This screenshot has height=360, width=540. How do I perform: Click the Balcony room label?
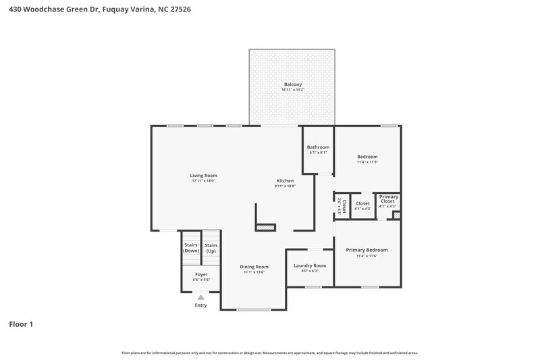pos(292,84)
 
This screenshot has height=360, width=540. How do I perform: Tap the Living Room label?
pos(203,176)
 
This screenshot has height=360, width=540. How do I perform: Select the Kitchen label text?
pos(285,180)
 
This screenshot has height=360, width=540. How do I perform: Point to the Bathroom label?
pos(318,147)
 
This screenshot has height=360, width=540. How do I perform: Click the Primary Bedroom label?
pos(367,250)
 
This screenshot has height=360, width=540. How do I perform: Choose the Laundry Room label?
pos(310,265)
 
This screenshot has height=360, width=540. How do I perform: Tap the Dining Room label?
pos(254,266)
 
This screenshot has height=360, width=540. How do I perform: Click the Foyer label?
pos(201,274)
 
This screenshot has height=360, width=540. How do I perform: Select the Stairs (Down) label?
pos(191,248)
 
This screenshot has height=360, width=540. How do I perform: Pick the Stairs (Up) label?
pos(211,248)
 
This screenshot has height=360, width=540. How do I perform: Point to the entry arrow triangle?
pos(200,297)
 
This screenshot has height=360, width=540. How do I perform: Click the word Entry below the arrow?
pos(200,305)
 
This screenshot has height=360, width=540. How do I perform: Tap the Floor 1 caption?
pos(21,325)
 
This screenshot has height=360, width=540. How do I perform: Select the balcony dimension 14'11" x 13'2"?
pos(292,90)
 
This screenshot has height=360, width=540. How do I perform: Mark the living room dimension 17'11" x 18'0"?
pos(203,181)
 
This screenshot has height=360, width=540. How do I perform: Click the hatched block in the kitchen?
pos(266,228)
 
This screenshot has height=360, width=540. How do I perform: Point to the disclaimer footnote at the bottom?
pos(270,353)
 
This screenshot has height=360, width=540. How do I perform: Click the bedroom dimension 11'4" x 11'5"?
pos(367,162)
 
